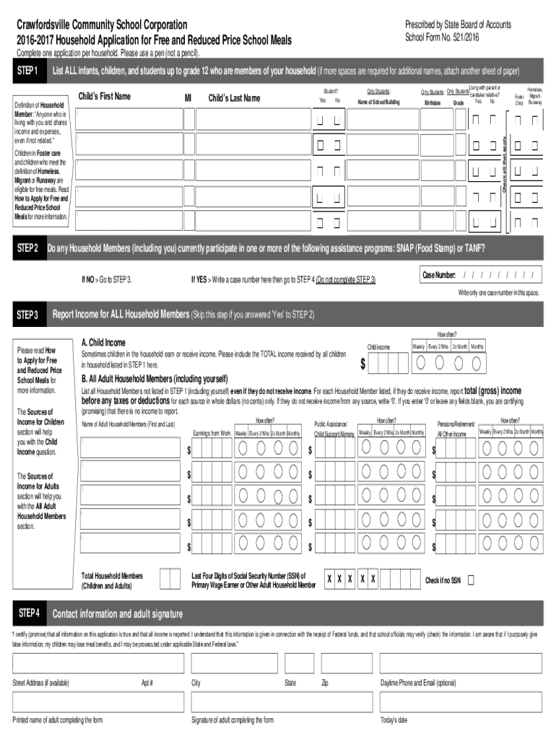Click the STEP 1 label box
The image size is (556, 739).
[28, 72]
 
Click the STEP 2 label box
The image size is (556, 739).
[28, 249]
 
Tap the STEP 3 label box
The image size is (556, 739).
[28, 315]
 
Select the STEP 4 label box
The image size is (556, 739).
[28, 614]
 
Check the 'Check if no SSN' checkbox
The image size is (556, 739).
[472, 580]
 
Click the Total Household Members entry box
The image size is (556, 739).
[170, 580]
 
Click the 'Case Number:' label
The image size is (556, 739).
[439, 276]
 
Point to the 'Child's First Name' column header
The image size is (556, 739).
[104, 97]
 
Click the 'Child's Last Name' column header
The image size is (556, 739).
[234, 98]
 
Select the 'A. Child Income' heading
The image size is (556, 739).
[103, 343]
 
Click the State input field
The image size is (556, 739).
[299, 663]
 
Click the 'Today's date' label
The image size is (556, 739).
[394, 720]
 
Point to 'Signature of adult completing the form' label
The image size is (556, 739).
[232, 720]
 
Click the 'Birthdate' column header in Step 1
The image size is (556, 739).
[433, 103]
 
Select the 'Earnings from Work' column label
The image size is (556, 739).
[212, 433]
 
